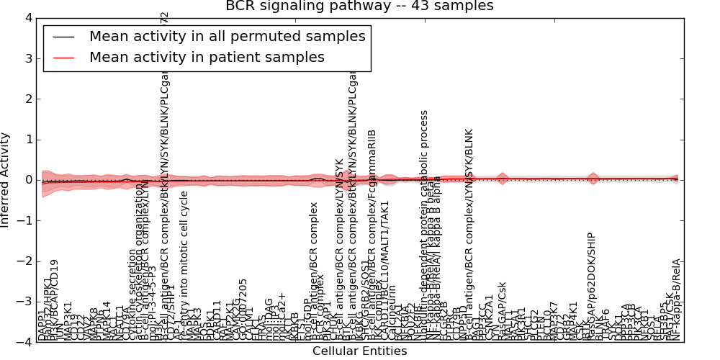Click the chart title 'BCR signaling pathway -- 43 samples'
click(359, 6)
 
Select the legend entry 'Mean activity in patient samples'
click(207, 57)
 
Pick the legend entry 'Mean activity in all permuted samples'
click(227, 36)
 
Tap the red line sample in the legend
click(63, 57)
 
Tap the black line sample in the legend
click(63, 36)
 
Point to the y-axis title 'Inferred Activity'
click(6, 180)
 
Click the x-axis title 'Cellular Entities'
click(359, 351)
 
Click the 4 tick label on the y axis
click(27, 18)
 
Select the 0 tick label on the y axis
click(27, 180)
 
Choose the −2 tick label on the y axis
click(24, 261)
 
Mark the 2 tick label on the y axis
click(27, 99)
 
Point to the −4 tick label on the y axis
click(24, 342)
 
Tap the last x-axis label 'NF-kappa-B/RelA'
click(676, 300)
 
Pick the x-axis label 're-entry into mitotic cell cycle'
click(184, 266)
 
